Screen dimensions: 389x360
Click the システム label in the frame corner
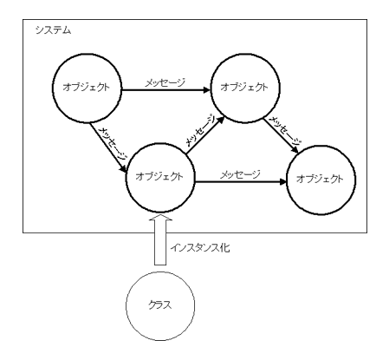click(x=53, y=30)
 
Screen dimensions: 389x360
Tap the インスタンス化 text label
click(x=200, y=248)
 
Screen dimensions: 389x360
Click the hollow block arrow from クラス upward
click(x=160, y=239)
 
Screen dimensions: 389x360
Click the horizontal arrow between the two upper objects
click(x=166, y=90)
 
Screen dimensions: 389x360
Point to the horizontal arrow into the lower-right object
click(x=241, y=182)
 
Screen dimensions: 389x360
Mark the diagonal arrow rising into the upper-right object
click(x=205, y=134)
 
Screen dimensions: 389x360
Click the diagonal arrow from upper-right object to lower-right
click(x=281, y=135)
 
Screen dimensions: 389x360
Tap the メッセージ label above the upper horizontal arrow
click(x=165, y=82)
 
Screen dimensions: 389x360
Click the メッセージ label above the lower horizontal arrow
click(x=240, y=174)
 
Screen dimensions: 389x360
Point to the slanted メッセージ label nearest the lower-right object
click(x=285, y=131)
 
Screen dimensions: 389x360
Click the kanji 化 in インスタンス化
click(x=224, y=248)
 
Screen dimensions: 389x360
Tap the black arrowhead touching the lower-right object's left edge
click(x=282, y=182)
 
